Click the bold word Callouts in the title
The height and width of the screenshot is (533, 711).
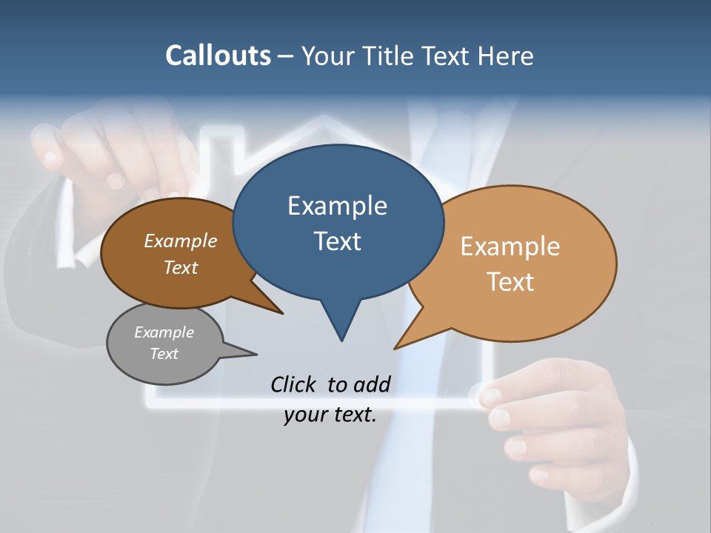218,56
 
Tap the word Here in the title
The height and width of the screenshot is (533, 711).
507,56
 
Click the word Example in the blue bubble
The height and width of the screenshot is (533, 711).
337,206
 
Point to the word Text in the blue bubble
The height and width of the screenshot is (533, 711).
337,241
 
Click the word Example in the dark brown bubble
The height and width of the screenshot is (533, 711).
181,241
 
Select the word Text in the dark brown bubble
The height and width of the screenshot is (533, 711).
181,267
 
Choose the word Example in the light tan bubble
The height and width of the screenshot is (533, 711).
510,247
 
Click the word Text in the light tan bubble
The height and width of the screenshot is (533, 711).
510,282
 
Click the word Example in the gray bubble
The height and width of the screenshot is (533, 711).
164,332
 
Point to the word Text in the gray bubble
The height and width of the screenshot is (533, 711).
164,354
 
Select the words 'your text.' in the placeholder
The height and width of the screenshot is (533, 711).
330,415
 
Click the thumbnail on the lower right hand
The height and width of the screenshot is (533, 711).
490,396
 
